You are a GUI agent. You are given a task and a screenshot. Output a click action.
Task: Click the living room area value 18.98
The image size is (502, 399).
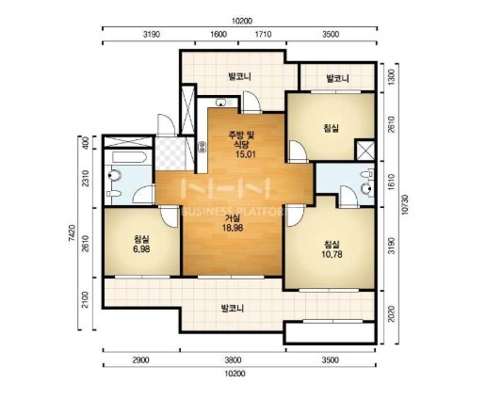coord(233,228)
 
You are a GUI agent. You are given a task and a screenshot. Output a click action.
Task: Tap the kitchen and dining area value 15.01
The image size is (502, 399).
coord(246,154)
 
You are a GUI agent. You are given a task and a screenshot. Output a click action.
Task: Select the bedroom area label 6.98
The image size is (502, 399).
coord(141,249)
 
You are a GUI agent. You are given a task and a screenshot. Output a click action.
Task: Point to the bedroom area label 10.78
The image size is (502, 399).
coord(332,254)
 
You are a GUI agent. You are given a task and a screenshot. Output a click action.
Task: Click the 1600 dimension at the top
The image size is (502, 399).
coord(219,34)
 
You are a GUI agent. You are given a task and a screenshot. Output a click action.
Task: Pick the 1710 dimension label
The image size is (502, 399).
coord(263,34)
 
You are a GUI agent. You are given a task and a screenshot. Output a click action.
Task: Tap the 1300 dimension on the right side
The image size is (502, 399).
coord(391,77)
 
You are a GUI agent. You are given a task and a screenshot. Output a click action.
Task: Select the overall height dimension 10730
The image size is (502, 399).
coord(405,204)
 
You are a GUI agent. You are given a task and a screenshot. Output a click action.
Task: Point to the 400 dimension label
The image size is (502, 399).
coord(85,142)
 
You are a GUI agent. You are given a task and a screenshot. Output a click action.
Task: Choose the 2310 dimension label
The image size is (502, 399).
coord(85,178)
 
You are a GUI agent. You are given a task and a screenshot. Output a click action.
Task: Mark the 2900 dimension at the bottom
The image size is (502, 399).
coord(141,360)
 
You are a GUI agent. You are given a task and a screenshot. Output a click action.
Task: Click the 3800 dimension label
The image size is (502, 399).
coord(233,360)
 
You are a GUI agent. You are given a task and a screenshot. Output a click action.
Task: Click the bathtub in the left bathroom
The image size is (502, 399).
coord(130,157)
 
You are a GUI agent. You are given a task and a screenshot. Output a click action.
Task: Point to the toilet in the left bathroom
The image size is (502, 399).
coord(115,175)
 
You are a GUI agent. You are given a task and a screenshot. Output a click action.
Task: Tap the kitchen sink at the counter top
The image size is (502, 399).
coord(221,103)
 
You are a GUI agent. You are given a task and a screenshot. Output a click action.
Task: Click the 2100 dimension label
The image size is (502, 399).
coord(85,299)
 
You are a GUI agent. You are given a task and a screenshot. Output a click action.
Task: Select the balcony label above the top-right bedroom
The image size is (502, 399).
coord(337,78)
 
